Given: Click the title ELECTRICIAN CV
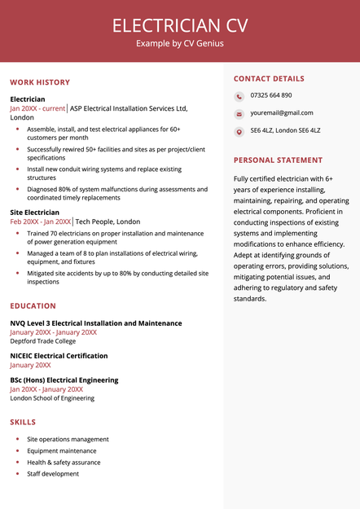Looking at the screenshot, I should (180, 24).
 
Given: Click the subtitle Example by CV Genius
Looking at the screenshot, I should (180, 43).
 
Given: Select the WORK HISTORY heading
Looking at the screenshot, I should (40, 82).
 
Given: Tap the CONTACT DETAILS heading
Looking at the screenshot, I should (269, 79).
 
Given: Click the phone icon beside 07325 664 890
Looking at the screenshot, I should (239, 95).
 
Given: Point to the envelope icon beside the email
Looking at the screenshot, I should (239, 113).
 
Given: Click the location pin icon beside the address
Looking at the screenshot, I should (239, 131).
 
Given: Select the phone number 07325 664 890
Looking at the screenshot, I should (271, 95).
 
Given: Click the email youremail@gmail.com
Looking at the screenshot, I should (282, 112).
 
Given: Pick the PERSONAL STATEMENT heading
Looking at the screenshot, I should (278, 160).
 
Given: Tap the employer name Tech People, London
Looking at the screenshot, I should (108, 222).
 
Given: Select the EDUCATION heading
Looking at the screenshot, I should (33, 306).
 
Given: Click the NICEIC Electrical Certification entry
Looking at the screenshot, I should (59, 356).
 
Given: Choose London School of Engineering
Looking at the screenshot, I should (52, 398).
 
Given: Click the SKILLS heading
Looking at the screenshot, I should (23, 423).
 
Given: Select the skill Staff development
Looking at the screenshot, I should (53, 473).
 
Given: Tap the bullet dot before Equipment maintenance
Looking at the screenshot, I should (17, 450).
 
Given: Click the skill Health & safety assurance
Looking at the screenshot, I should (64, 462).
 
